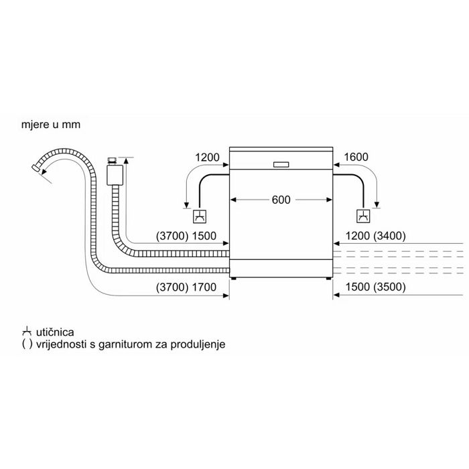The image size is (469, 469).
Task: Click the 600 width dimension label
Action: pos(281,200)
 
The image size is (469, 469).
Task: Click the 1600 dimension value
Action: pos(356,157)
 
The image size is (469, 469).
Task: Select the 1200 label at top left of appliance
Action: pos(207,157)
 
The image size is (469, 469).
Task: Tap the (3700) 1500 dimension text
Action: pos(186,236)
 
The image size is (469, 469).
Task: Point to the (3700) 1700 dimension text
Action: pos(186,287)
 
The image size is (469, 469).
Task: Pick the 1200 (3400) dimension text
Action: pos(376,236)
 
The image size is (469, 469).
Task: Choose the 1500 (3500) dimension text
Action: pos(376,287)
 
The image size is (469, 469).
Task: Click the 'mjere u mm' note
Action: pos(51,125)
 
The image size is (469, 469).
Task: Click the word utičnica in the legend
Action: pos(55,332)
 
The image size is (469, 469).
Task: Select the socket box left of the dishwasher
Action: pos(200,216)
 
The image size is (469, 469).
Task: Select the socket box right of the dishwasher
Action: pos(363,216)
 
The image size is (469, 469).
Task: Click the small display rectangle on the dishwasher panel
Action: pos(281,165)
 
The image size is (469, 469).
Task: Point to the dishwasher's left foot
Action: pos(234,279)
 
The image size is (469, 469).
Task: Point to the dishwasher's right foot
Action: pos(328,279)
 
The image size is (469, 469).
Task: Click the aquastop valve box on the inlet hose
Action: pos(115,175)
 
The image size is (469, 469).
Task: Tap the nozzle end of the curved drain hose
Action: pos(36,167)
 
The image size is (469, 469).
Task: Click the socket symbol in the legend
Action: pos(27,332)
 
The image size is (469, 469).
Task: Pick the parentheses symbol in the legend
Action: pos(27,344)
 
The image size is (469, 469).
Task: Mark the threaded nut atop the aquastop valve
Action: pos(112,161)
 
